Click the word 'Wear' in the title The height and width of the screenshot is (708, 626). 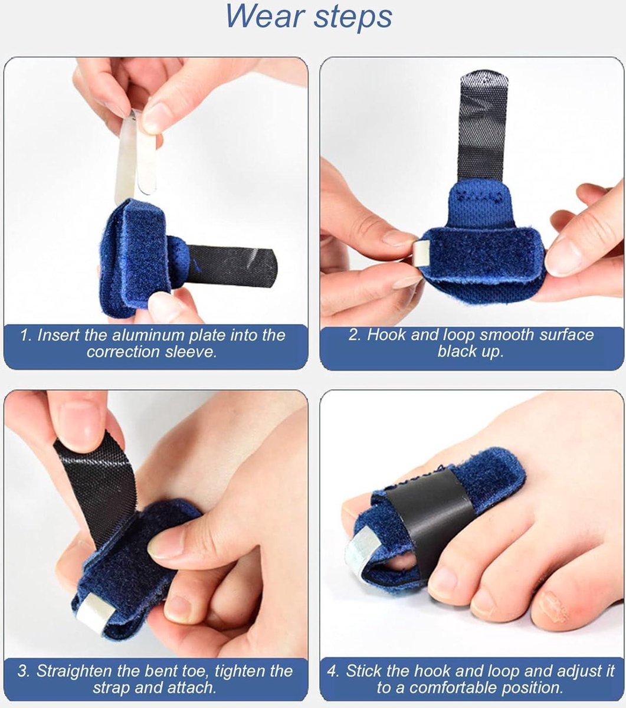point(264,17)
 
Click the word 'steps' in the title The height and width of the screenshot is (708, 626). point(352,18)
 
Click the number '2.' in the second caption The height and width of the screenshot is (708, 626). point(355,335)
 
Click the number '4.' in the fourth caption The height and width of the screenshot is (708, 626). point(333,671)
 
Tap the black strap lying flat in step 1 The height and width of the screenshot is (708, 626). point(231,265)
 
